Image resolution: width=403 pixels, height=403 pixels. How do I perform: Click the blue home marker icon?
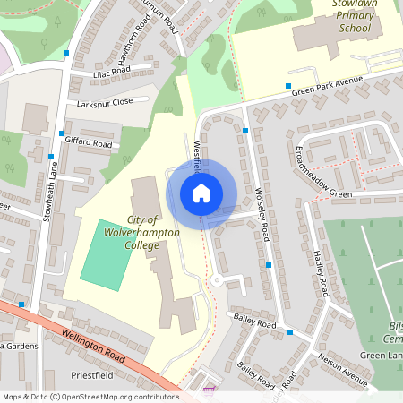pyautogui.click(x=201, y=193)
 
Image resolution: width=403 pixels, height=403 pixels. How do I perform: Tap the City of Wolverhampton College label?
pyautogui.click(x=153, y=232)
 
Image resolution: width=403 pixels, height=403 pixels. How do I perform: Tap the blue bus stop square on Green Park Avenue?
pyautogui.click(x=288, y=87)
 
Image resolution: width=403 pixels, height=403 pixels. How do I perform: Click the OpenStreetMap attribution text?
pyautogui.click(x=90, y=396)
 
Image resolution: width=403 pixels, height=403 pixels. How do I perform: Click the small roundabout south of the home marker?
pyautogui.click(x=216, y=279)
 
